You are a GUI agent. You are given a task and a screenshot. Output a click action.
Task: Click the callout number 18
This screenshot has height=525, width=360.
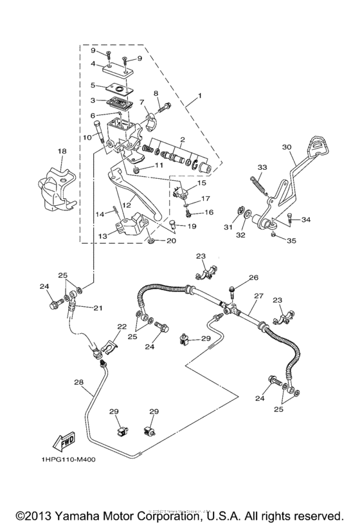[62, 151]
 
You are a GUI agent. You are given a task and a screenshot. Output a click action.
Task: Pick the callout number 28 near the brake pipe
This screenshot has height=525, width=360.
[78, 382]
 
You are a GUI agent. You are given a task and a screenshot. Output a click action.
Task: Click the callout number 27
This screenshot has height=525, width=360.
[258, 296]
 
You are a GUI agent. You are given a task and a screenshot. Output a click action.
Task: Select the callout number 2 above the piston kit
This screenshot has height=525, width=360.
[183, 139]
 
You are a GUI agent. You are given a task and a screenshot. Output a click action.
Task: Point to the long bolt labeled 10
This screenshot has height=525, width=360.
[99, 132]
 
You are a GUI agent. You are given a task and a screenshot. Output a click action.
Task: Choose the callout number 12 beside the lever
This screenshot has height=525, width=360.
[127, 205]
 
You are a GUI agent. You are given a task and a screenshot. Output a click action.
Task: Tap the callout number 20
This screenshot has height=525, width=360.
[171, 241]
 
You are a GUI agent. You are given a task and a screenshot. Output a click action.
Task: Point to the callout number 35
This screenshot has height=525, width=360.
[292, 241]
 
